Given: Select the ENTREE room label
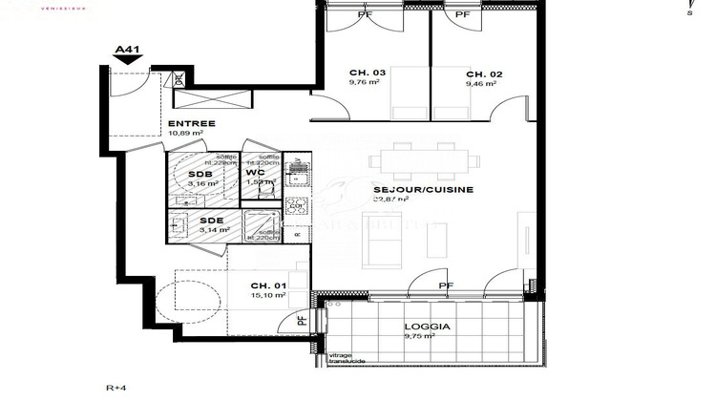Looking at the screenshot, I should coord(192,123).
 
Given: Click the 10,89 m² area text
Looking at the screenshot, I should coord(186,134).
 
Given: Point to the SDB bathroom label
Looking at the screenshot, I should coord(200,174).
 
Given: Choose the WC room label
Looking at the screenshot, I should coord(256,173).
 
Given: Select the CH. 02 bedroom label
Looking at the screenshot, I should coord(484,74).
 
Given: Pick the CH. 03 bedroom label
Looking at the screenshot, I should coord(339,74).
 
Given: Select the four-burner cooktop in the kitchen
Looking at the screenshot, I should coord(298,174).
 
